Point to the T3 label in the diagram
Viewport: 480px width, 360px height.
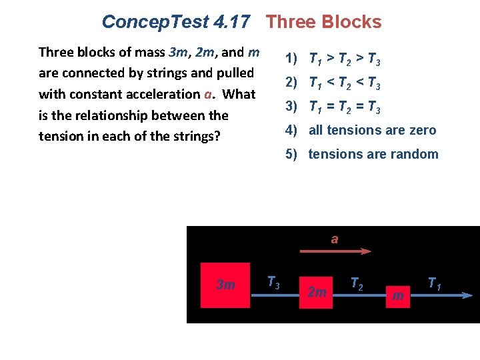(x=273, y=281)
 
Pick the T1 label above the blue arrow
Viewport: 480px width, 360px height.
(x=434, y=284)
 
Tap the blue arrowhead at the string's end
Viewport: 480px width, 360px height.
(x=467, y=296)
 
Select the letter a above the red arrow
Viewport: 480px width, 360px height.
(x=335, y=239)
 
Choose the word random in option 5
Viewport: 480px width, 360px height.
(x=415, y=154)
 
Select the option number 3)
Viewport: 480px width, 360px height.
(x=291, y=106)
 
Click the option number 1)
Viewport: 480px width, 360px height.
(x=291, y=59)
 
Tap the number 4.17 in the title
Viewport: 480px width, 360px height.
(x=232, y=22)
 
